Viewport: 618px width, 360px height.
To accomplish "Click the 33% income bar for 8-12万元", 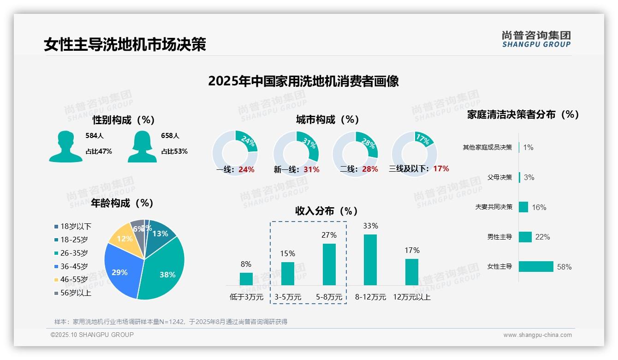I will tap(370, 259).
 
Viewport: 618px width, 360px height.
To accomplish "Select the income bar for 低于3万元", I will tap(246, 279).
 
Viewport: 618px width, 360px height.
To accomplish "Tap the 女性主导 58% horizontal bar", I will tap(536, 267).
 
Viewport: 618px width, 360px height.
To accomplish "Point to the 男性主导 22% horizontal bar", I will tap(525, 237).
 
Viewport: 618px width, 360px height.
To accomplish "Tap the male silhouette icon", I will tap(66, 147).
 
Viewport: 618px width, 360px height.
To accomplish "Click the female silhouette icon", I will tap(142, 147).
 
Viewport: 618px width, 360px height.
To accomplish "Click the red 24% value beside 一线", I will tap(247, 169).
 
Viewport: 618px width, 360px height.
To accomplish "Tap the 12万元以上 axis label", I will tap(412, 297).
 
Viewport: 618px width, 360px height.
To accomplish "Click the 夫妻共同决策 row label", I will tap(493, 207).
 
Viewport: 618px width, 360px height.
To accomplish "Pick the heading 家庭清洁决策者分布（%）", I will tap(523, 114).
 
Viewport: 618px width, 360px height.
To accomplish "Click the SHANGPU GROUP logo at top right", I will tap(536, 39).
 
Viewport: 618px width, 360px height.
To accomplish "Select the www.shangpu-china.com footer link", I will tap(537, 335).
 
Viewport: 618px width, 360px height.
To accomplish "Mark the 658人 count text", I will tap(170, 136).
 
